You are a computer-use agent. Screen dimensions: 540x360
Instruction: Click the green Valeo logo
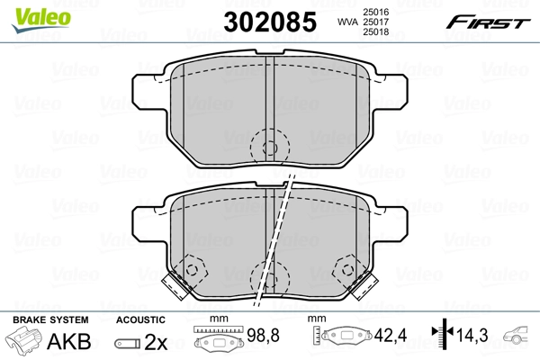pos(41,20)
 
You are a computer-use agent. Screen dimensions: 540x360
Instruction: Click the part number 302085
pos(270,22)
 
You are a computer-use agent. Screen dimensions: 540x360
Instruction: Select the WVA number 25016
pos(375,12)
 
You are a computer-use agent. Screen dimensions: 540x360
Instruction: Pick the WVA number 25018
pos(375,32)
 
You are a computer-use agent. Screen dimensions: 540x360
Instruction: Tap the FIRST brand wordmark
pos(488,22)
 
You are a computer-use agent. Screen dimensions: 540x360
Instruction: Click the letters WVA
pos(347,22)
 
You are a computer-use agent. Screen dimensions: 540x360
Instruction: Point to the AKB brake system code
pos(69,341)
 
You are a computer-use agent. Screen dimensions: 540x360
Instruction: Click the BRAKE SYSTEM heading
pos(50,319)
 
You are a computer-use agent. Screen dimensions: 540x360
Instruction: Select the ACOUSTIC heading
pos(140,320)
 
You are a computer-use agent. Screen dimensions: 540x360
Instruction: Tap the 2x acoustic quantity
pos(156,342)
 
